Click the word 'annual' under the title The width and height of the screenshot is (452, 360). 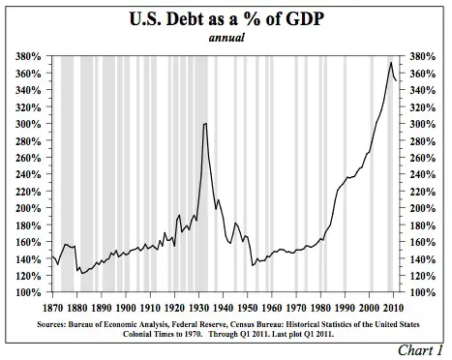point(224,39)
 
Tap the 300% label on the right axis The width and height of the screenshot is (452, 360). point(425,124)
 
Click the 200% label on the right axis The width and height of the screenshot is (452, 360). point(425,208)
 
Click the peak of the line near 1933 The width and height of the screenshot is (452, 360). point(205,123)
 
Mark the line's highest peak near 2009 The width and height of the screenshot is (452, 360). point(390,63)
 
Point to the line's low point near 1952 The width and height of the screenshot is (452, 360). point(252,265)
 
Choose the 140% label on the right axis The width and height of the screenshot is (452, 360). point(425,258)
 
